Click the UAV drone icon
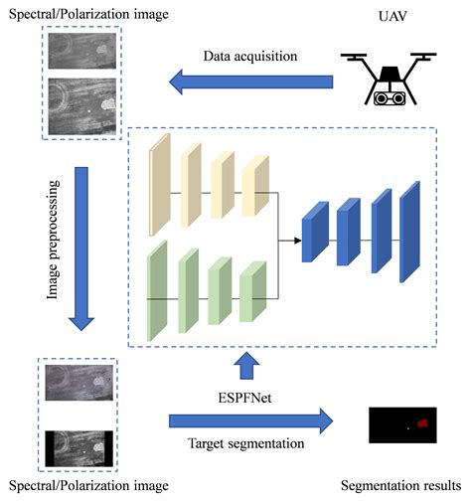pos(390,79)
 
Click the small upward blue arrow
pos(244,368)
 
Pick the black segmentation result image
pos(403,424)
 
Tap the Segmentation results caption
pos(400,485)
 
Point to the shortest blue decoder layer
pos(315,233)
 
